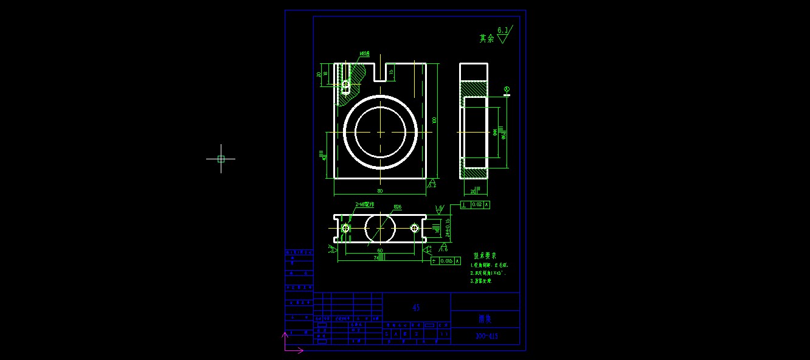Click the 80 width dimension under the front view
pyautogui.click(x=380, y=190)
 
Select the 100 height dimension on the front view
pyautogui.click(x=434, y=120)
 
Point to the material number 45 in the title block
pyautogui.click(x=416, y=308)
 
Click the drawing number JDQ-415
pyautogui.click(x=486, y=336)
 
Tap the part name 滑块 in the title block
pyautogui.click(x=485, y=319)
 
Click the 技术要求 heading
pyautogui.click(x=485, y=256)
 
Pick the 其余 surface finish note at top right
pyautogui.click(x=486, y=38)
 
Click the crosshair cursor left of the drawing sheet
pyautogui.click(x=221, y=159)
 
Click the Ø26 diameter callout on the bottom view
pyautogui.click(x=397, y=207)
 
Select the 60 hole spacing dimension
pyautogui.click(x=380, y=251)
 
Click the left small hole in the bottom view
pyautogui.click(x=345, y=228)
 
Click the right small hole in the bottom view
pyautogui.click(x=414, y=228)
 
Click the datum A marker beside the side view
pyautogui.click(x=507, y=91)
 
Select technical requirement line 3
pyautogui.click(x=482, y=281)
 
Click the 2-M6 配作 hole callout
pyautogui.click(x=365, y=205)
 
